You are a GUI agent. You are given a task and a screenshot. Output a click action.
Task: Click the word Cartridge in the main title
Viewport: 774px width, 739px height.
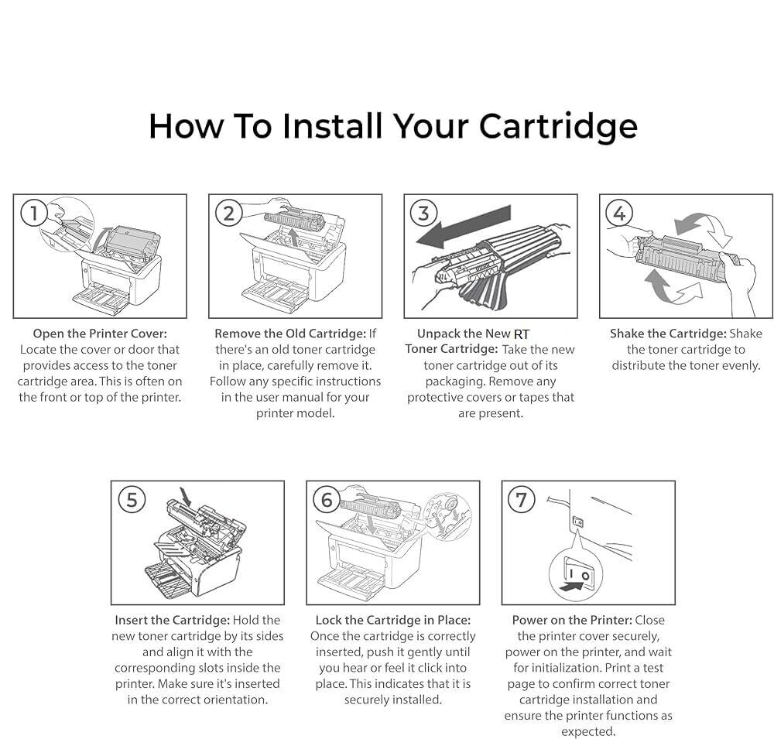(557, 125)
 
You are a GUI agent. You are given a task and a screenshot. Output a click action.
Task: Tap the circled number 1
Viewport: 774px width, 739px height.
(33, 213)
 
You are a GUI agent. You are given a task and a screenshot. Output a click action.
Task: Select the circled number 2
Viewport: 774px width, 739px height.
(228, 213)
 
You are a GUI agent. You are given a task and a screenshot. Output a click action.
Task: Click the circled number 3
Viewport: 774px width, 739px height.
(423, 213)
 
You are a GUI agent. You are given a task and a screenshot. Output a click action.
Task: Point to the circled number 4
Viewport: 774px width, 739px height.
(619, 213)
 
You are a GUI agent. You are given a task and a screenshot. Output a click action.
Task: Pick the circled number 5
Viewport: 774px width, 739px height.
(131, 500)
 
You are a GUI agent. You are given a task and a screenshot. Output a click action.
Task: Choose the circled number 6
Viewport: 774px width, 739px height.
(326, 500)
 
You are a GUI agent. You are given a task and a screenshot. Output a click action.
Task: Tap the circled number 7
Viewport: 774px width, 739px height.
(521, 500)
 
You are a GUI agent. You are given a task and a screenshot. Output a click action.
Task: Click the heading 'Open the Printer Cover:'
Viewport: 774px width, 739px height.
(99, 334)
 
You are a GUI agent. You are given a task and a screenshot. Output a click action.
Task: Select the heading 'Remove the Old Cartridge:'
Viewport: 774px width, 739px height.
(289, 334)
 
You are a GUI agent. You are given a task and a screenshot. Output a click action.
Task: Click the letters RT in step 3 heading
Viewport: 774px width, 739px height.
(522, 334)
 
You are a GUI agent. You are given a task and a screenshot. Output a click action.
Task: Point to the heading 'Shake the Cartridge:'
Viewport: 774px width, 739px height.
(667, 334)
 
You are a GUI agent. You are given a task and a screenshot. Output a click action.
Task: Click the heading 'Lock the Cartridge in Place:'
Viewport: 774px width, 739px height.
(392, 620)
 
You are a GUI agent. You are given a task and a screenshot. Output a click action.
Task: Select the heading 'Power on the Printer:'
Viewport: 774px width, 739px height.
(572, 620)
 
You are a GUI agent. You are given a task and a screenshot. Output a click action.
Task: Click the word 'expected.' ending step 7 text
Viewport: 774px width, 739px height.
(588, 731)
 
